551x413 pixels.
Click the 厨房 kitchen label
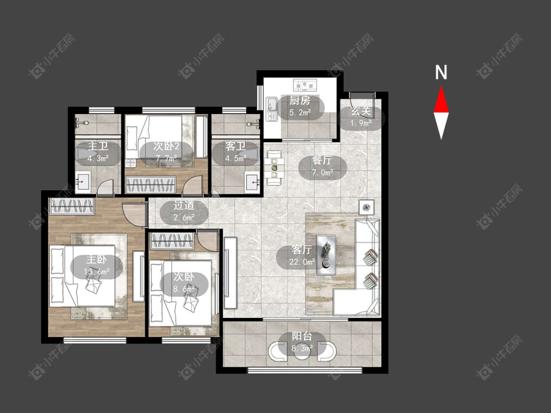click(300, 101)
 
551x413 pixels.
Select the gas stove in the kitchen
click(305, 85)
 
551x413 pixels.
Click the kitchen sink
click(272, 109)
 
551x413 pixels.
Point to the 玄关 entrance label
click(361, 112)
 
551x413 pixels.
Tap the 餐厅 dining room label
click(322, 161)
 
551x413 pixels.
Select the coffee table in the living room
click(326, 254)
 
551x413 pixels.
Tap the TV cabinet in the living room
click(230, 273)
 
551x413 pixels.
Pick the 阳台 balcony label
click(302, 336)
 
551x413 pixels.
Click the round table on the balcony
click(302, 351)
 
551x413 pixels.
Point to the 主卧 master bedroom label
click(96, 259)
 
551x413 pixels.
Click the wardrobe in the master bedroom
click(72, 206)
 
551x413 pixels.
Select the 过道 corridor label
click(184, 206)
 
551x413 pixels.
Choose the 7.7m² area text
click(167, 159)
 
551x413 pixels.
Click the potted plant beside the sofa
click(366, 207)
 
